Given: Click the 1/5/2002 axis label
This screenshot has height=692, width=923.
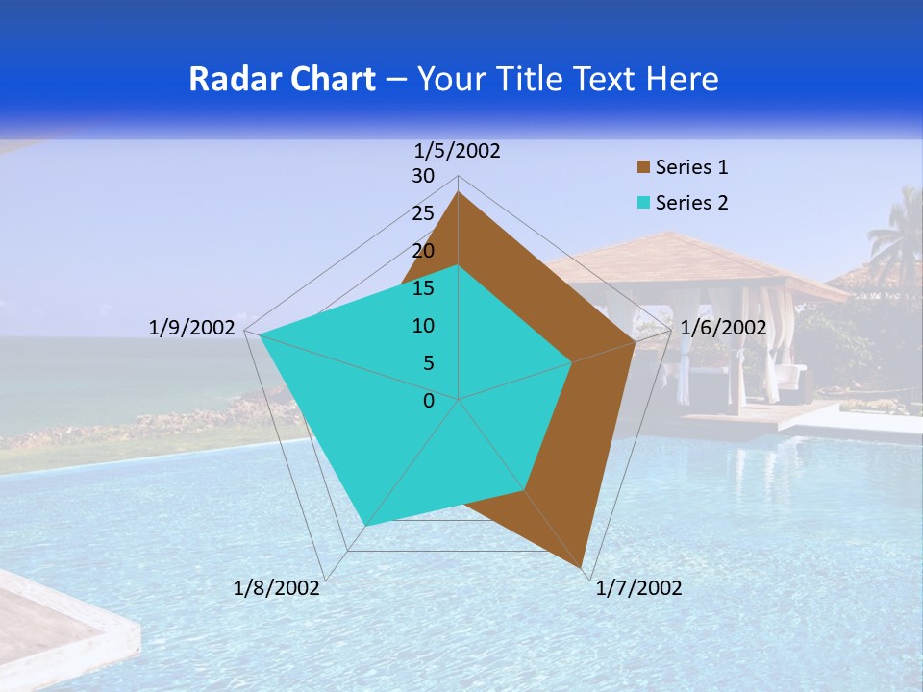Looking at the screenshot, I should pos(458,151).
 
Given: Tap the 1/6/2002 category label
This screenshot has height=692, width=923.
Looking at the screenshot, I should pos(723,328).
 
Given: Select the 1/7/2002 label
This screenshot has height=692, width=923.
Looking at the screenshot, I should pos(638,588).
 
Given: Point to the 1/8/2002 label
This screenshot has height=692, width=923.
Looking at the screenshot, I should pos(277,588).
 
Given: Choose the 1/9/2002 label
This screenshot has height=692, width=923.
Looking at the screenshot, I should pos(192,328).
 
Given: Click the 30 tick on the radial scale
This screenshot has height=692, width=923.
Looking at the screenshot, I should pos(423,176).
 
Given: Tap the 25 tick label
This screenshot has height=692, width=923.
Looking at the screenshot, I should pos(423,213).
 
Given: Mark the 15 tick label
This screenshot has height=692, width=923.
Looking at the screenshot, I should pos(423,288).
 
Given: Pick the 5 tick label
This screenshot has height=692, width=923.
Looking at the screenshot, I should pos(428,363).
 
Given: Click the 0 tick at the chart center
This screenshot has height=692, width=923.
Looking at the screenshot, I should pos(429,401).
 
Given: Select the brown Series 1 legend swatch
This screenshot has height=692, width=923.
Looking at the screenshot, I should pos(644,168).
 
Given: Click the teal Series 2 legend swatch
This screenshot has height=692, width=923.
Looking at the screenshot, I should pos(644,204).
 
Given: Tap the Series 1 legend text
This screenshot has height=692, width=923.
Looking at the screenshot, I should pos(691,168).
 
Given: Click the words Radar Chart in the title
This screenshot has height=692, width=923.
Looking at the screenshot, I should pos(282,79).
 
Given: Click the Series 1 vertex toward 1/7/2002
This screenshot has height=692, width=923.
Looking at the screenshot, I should pos(582,567).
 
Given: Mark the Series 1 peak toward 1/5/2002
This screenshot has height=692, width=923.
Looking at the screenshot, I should pos(459,192).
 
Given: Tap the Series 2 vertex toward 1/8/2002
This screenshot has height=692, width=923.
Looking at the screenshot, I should pos(366,525).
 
